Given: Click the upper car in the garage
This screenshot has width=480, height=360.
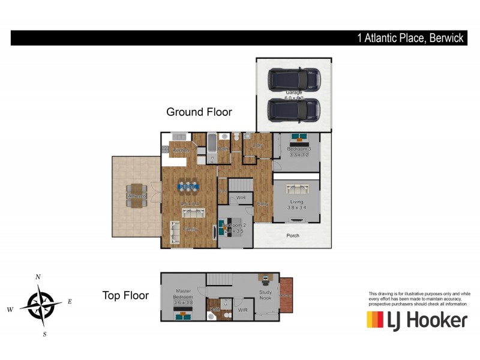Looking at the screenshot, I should point(294,79).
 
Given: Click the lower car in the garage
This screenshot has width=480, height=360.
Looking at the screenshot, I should point(294,109).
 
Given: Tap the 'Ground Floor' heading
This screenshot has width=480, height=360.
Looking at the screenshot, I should point(199,112).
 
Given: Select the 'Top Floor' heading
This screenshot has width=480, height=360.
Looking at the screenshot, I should point(125,295).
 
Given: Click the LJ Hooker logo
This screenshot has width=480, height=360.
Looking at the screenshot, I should point(417,320).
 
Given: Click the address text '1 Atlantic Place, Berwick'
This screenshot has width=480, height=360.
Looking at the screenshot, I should point(410,38).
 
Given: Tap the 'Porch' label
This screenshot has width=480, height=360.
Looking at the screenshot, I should point(292,236).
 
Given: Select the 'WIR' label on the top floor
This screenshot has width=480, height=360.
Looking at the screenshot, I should point(242,310).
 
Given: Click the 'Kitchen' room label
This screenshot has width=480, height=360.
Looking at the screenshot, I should point(181,150).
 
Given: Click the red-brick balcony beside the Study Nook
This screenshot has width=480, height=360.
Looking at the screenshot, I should point(286,295).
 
